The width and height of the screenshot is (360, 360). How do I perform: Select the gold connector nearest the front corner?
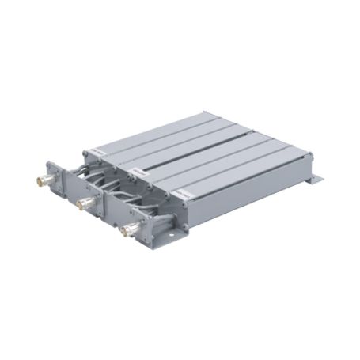124,230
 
